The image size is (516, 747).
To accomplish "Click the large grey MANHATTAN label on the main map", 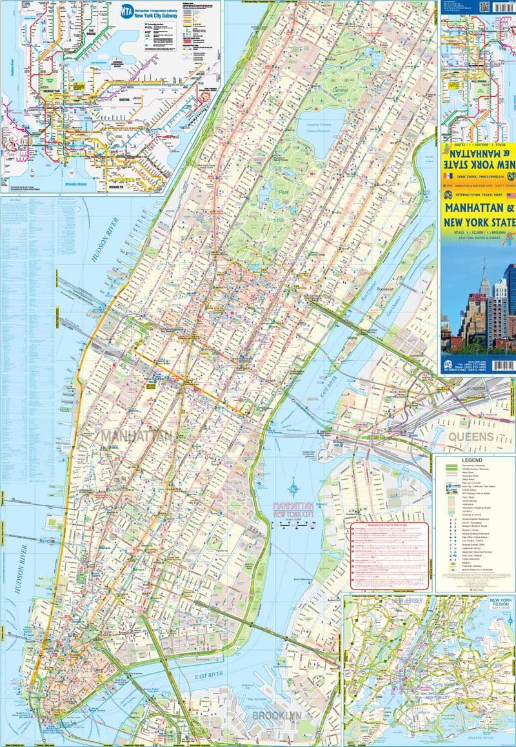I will click(x=135, y=436).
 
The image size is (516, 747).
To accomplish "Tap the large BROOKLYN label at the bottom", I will click(x=277, y=716).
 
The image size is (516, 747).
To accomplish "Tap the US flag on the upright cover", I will click(x=509, y=194).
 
